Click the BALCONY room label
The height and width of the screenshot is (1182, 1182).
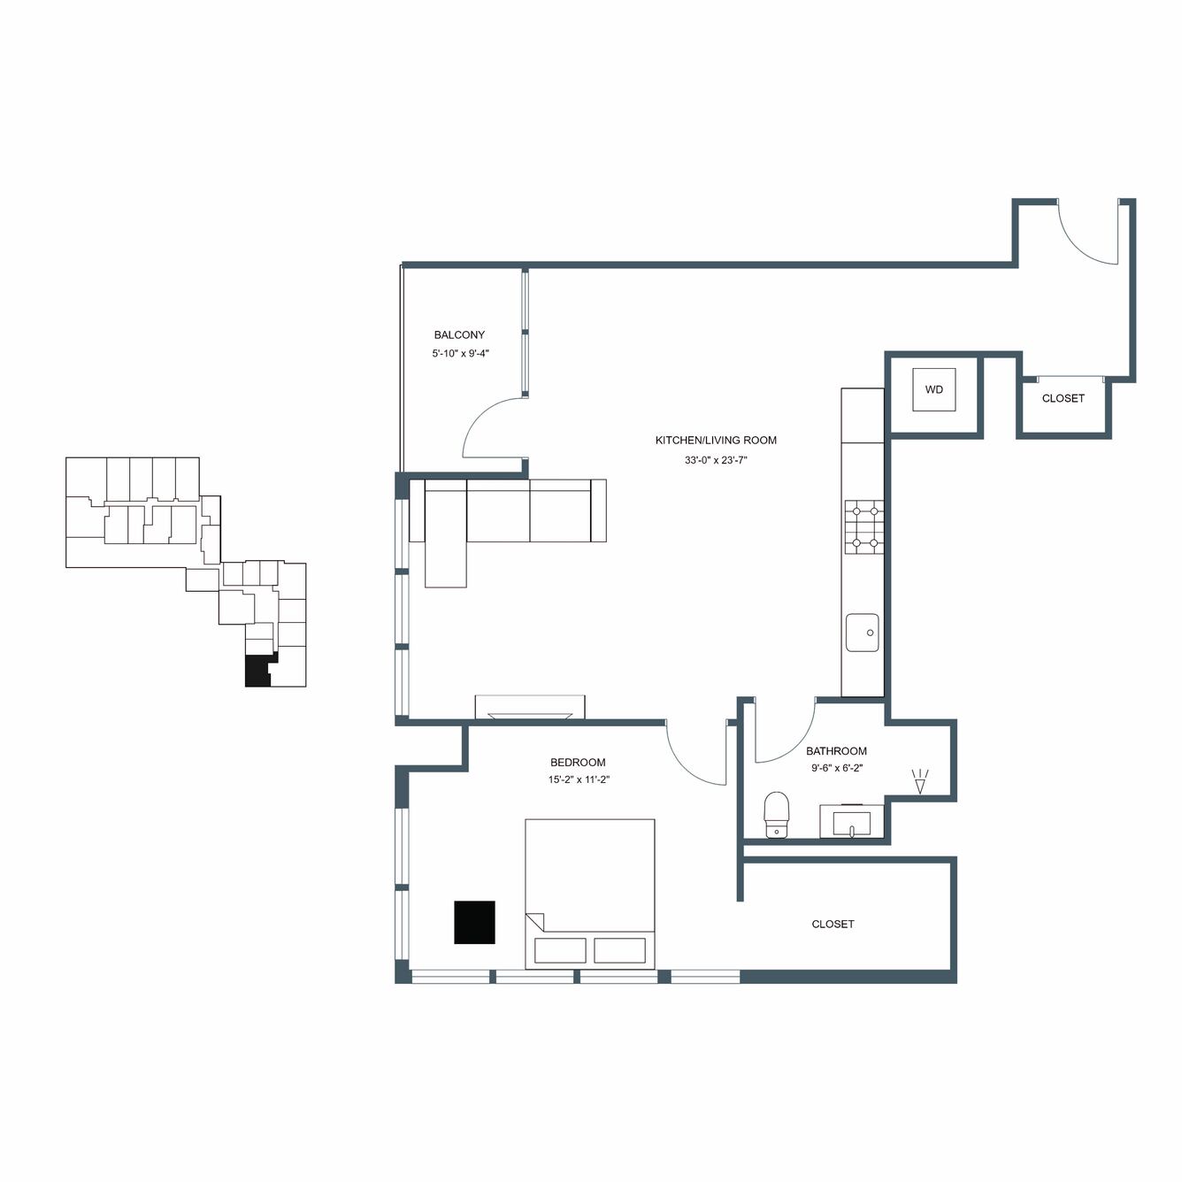pyautogui.click(x=459, y=335)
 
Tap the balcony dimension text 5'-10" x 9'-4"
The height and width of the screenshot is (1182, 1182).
pyautogui.click(x=460, y=353)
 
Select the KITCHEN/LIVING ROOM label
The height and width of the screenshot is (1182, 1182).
pyautogui.click(x=716, y=440)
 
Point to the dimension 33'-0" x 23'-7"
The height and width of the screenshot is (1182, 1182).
pyautogui.click(x=716, y=460)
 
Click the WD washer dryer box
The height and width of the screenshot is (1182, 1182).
pyautogui.click(x=933, y=389)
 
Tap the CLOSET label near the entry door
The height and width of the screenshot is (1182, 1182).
pyautogui.click(x=1063, y=398)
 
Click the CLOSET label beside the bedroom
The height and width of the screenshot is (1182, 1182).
pyautogui.click(x=833, y=924)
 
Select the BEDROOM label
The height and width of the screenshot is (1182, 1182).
pyautogui.click(x=578, y=763)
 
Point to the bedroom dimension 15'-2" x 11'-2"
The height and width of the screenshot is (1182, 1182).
pyautogui.click(x=579, y=780)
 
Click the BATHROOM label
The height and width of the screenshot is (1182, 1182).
pyautogui.click(x=836, y=751)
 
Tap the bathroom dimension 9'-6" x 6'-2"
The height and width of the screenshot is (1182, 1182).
pyautogui.click(x=837, y=767)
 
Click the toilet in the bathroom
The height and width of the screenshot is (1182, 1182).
pyautogui.click(x=776, y=815)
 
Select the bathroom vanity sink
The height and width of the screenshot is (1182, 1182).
pyautogui.click(x=851, y=822)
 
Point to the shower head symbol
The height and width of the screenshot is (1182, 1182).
pyautogui.click(x=919, y=782)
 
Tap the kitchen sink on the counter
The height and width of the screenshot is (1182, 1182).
pyautogui.click(x=862, y=633)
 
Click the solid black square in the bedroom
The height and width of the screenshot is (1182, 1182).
pyautogui.click(x=474, y=923)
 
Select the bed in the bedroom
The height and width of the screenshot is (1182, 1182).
pyautogui.click(x=589, y=894)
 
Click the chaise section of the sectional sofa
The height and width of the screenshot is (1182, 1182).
pyautogui.click(x=445, y=534)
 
